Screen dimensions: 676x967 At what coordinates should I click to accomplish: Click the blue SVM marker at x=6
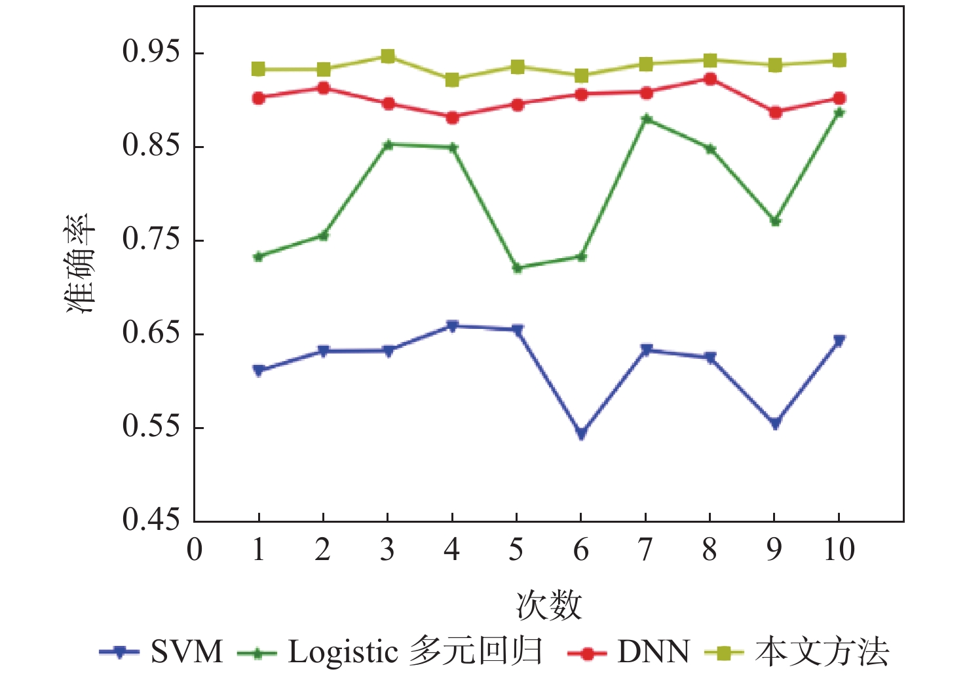pyautogui.click(x=581, y=432)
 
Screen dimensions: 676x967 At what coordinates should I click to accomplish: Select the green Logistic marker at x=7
pyautogui.click(x=646, y=119)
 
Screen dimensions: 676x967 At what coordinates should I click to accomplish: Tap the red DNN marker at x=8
pyautogui.click(x=710, y=79)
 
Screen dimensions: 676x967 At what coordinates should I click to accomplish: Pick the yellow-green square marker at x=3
pyautogui.click(x=388, y=56)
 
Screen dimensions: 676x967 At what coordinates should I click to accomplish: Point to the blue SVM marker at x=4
pyautogui.click(x=452, y=326)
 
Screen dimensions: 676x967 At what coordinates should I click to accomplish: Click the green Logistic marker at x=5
pyautogui.click(x=517, y=268)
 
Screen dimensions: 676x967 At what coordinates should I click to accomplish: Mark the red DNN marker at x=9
pyautogui.click(x=775, y=113)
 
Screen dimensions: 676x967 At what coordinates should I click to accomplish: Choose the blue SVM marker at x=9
pyautogui.click(x=775, y=424)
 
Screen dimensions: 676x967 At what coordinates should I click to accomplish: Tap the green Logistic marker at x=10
pyautogui.click(x=839, y=113)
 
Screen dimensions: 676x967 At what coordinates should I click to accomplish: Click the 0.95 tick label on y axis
pyautogui.click(x=151, y=52)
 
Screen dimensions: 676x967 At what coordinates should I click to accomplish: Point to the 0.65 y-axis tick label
pyautogui.click(x=151, y=333)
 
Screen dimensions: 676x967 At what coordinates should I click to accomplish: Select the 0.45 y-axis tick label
pyautogui.click(x=151, y=520)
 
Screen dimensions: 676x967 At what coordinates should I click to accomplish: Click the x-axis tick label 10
pyautogui.click(x=839, y=550)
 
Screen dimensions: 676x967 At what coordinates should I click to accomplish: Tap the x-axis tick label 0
pyautogui.click(x=195, y=550)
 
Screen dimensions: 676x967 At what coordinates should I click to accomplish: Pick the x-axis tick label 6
pyautogui.click(x=581, y=550)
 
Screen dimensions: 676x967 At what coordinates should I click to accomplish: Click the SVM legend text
pyautogui.click(x=187, y=652)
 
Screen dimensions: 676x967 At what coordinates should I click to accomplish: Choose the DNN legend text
pyautogui.click(x=653, y=652)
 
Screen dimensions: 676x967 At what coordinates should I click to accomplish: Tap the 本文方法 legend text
pyautogui.click(x=822, y=652)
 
